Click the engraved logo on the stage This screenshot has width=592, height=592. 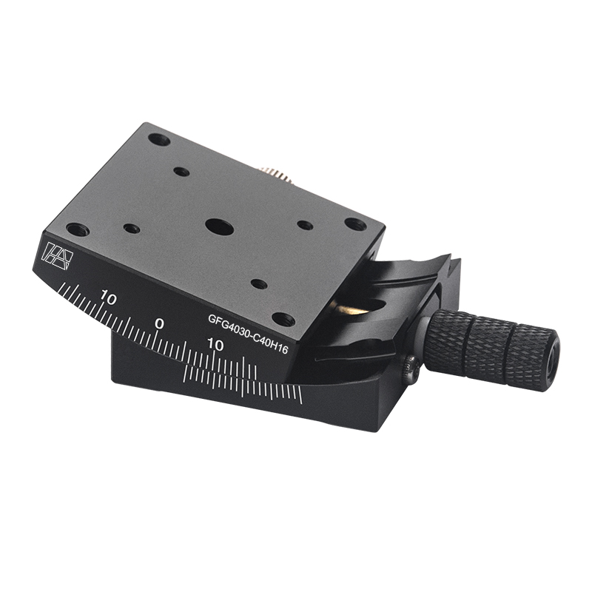(59, 254)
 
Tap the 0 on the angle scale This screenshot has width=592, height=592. (159, 324)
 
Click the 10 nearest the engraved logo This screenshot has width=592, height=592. (109, 299)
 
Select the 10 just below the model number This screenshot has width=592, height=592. (215, 345)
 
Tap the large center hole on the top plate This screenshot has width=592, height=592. (220, 226)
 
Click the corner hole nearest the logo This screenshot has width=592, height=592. (77, 229)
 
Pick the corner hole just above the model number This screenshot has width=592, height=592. (283, 319)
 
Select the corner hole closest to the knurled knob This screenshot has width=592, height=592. (355, 223)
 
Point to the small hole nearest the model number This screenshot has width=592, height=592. (259, 283)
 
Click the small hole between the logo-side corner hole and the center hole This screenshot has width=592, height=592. (132, 229)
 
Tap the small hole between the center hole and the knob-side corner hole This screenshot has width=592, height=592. (305, 225)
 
